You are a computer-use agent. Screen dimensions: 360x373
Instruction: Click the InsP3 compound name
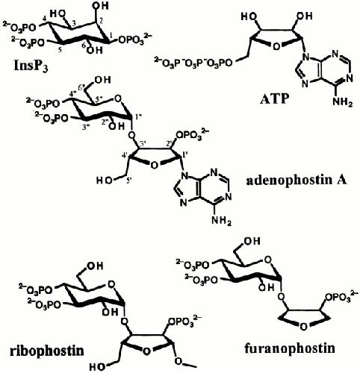coord(31,66)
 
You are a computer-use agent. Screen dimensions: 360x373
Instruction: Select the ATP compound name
coord(275,99)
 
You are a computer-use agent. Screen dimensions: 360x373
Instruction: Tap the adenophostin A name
coord(297,181)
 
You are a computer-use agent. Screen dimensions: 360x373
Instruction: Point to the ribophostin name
coord(46,351)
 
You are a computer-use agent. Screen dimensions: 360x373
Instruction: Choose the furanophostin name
coord(290,348)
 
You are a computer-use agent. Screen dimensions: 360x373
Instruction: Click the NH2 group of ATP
coord(343,102)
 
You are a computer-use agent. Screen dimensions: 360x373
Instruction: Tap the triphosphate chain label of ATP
coord(193,63)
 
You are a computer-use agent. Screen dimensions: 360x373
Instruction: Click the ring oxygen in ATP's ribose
coord(276,47)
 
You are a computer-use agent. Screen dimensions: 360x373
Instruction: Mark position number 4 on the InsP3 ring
coord(44,19)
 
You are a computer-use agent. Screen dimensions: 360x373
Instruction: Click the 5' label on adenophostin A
coord(128,181)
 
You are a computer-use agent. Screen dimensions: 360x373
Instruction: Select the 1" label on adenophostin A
coord(138,117)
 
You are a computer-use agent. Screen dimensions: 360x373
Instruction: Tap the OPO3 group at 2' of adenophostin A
coord(191,136)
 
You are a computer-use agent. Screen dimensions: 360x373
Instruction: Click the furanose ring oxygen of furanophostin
coord(302,327)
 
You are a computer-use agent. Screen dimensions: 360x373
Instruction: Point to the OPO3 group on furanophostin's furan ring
coord(341,298)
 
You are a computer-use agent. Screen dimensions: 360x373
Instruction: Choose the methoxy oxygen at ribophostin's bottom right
coord(179,361)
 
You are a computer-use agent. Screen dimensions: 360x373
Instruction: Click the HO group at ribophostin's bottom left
coord(97,367)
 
